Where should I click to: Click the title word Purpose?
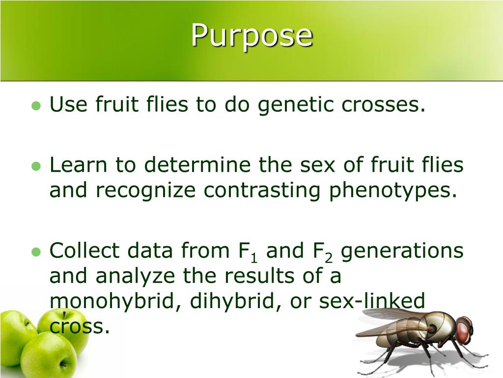pos(251,35)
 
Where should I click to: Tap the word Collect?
pos(84,251)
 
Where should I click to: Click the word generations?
pos(402,251)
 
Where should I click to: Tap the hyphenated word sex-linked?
pos(371,301)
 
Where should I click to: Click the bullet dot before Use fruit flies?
pos(35,106)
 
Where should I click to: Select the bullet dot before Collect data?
pos(35,252)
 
